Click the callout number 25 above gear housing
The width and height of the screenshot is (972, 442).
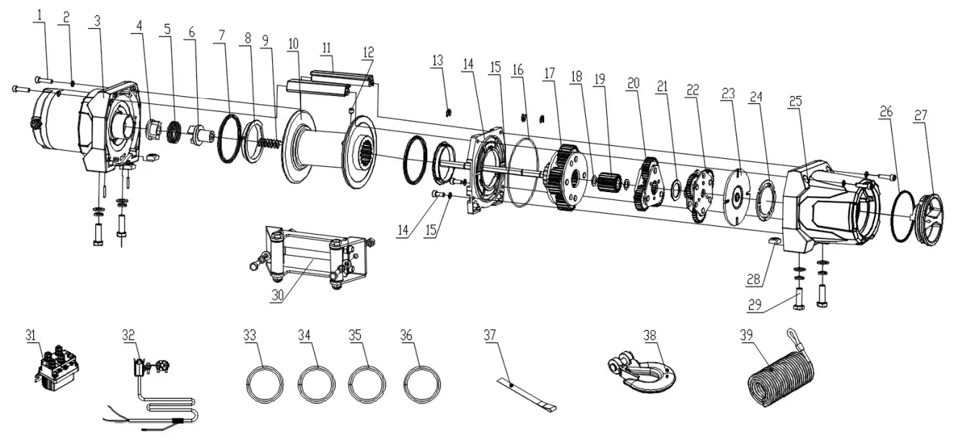click(x=794, y=103)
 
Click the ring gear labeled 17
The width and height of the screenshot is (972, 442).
click(x=566, y=178)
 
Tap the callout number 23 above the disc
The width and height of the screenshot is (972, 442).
click(x=727, y=93)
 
